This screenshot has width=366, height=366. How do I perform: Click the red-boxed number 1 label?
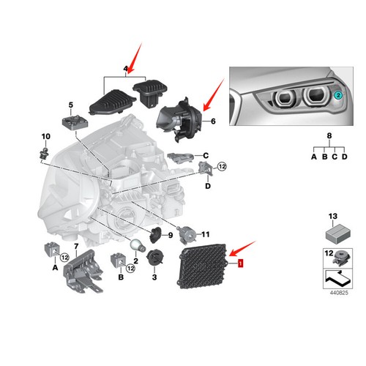(x=238, y=261)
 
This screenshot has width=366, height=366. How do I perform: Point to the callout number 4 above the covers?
(x=125, y=70)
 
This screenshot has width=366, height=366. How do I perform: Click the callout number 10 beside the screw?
(x=45, y=137)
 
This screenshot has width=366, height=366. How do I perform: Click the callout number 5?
(x=72, y=105)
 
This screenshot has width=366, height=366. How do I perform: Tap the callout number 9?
(x=170, y=235)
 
